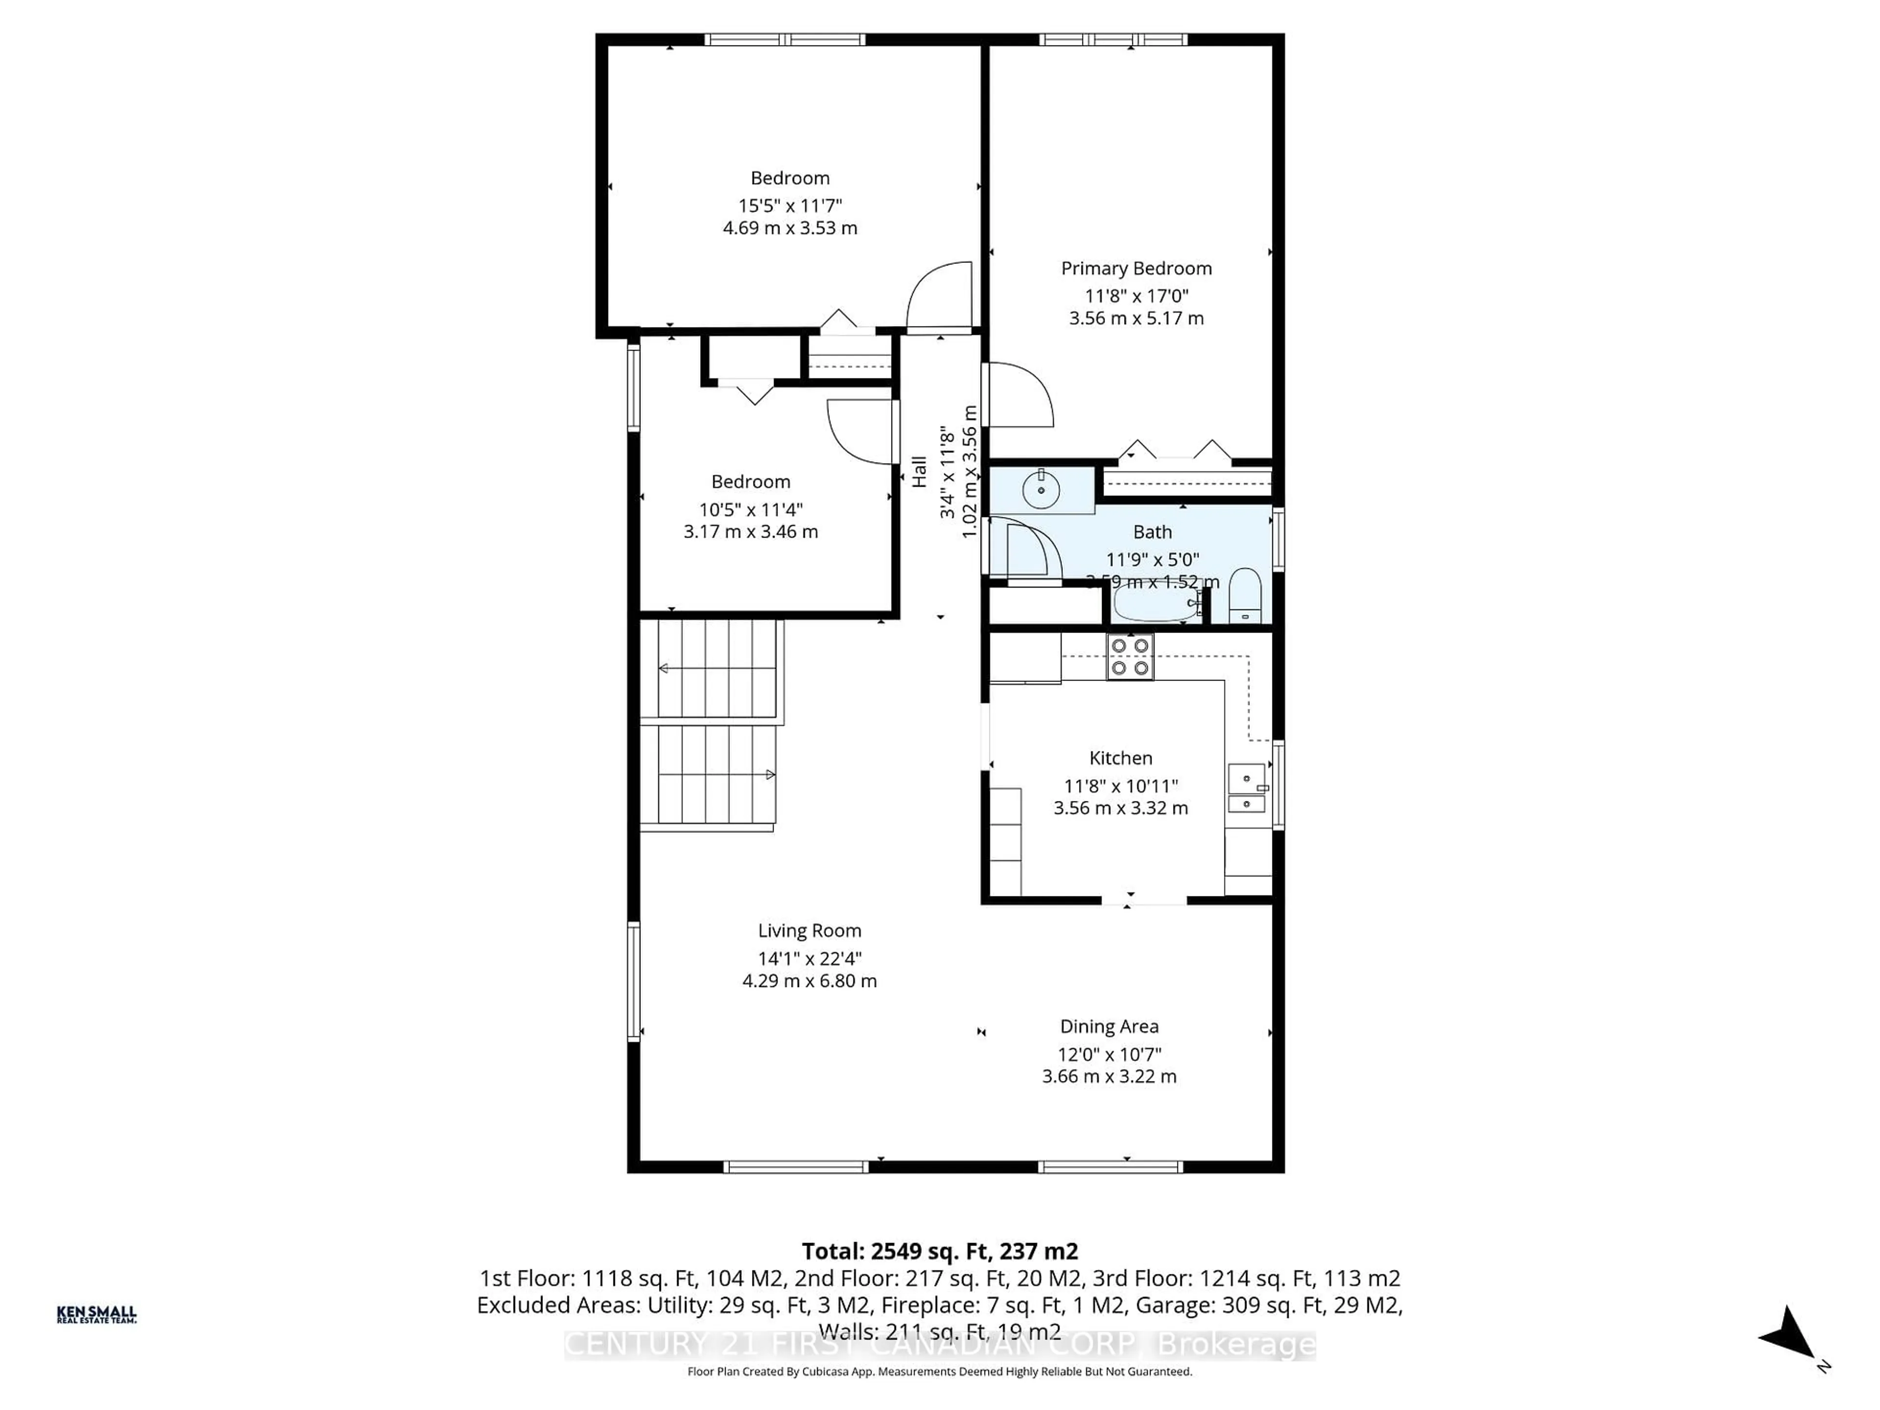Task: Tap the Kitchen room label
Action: pyautogui.click(x=1120, y=758)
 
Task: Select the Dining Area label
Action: pyautogui.click(x=1108, y=1027)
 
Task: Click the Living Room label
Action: pyautogui.click(x=809, y=931)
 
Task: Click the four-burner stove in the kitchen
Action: pyautogui.click(x=1129, y=657)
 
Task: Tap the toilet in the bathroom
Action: pyautogui.click(x=1245, y=597)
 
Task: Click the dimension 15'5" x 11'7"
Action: pyautogui.click(x=790, y=206)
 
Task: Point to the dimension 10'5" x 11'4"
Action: pyautogui.click(x=751, y=510)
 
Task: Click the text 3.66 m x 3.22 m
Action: pyautogui.click(x=1108, y=1077)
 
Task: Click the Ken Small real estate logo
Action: pyautogui.click(x=96, y=1314)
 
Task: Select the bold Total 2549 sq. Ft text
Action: pyautogui.click(x=939, y=1251)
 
